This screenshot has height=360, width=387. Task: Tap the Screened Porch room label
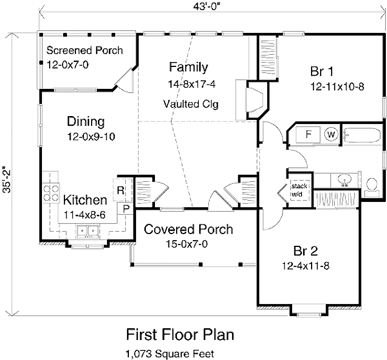click(84, 50)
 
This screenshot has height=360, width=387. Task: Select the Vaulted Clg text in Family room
click(191, 104)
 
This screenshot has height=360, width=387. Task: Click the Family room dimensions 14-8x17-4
click(192, 84)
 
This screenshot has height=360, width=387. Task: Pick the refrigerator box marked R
click(121, 190)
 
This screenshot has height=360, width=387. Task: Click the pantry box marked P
click(126, 208)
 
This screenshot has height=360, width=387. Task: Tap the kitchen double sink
click(87, 230)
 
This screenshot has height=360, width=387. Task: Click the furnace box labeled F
click(308, 134)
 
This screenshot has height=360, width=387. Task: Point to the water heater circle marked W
click(331, 134)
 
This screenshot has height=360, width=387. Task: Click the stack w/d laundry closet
click(299, 190)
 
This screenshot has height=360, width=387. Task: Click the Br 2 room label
click(305, 251)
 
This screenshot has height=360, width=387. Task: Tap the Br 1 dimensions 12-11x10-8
click(337, 87)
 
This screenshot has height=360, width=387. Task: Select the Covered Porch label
click(189, 229)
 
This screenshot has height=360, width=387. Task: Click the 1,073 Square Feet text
click(170, 354)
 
